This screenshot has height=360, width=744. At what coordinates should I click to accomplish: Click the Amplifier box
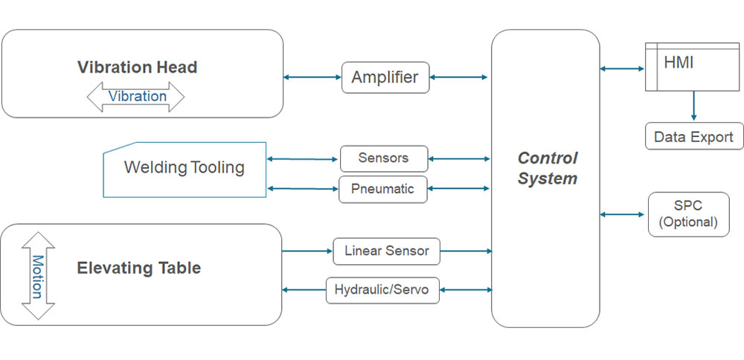pos(385,77)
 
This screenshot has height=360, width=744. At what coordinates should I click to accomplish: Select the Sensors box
pos(384,158)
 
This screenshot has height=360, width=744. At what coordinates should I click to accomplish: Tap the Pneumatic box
pos(383,189)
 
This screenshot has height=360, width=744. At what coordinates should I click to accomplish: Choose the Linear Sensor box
pos(386,251)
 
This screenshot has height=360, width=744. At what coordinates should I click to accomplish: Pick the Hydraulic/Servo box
pos(382,289)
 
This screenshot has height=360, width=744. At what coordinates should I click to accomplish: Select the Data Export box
pos(693,137)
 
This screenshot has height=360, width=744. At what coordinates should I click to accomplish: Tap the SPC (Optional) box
pos(688,214)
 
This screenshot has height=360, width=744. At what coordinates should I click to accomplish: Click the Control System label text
pos(548,168)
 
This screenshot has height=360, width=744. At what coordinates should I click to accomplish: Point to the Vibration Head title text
pos(137,67)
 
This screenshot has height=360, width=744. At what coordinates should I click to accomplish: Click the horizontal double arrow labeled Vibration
pos(136,97)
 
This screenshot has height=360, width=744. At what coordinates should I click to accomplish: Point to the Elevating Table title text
pos(138,268)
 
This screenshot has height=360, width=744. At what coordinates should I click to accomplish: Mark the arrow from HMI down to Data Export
pos(693,106)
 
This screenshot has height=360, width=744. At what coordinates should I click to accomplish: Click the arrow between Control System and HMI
pos(622,69)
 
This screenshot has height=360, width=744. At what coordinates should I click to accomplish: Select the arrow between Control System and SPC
pos(622,214)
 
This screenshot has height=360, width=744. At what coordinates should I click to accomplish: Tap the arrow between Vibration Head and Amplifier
pos(312,77)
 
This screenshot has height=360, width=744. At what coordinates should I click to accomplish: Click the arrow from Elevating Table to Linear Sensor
pos(307,251)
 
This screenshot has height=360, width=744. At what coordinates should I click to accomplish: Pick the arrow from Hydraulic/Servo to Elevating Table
pos(304,289)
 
